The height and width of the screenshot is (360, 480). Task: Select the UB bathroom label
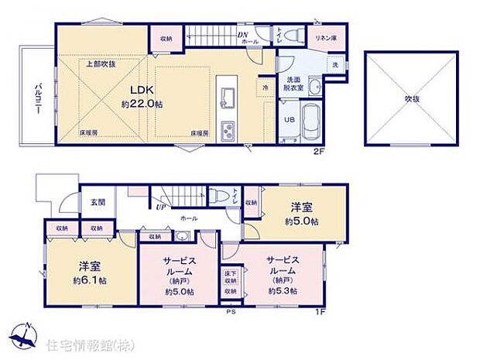tap(286, 120)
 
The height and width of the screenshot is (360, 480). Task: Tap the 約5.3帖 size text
tap(281, 291)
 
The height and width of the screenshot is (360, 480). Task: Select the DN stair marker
tap(242, 35)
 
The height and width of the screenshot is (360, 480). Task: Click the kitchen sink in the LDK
tap(229, 97)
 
